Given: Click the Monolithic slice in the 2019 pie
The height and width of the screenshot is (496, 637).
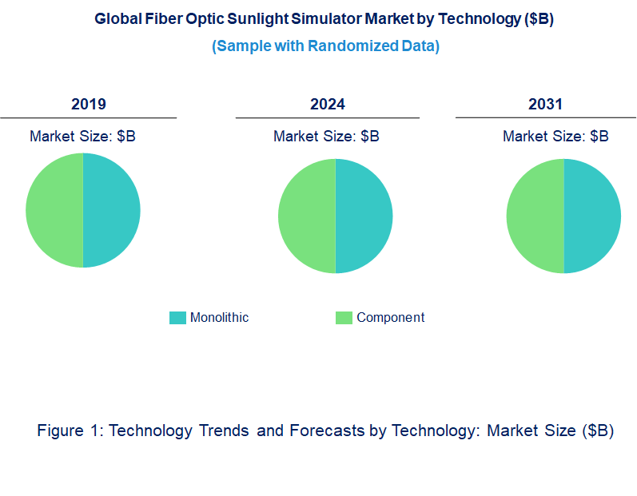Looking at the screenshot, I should [112, 210].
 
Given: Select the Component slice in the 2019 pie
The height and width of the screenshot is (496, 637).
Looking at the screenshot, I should [54, 210].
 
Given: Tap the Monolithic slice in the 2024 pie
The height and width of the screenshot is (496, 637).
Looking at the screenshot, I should [364, 216].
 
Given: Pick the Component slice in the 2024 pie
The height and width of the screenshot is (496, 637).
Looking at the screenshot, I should [307, 216].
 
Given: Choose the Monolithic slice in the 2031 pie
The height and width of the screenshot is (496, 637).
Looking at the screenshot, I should [593, 216].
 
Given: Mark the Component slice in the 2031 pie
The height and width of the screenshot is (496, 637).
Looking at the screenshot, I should [535, 216].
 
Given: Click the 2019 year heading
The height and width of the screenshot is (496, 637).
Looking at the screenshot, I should [88, 105].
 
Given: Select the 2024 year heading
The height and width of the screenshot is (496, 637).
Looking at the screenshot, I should [328, 105].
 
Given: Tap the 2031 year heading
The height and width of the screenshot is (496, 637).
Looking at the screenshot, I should [545, 105].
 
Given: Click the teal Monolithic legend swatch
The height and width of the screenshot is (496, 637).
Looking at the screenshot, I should [177, 318].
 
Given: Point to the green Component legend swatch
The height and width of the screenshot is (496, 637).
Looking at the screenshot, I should [344, 318].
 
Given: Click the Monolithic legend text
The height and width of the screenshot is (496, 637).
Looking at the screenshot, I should [219, 318].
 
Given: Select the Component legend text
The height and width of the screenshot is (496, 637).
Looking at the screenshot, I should [390, 318].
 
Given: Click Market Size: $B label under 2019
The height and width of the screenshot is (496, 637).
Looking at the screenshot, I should [82, 137].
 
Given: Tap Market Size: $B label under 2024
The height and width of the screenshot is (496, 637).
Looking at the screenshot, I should [326, 137].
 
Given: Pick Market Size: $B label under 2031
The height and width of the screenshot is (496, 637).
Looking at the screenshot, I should [555, 137].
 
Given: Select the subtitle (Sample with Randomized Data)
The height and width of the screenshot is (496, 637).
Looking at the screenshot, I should [325, 46].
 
